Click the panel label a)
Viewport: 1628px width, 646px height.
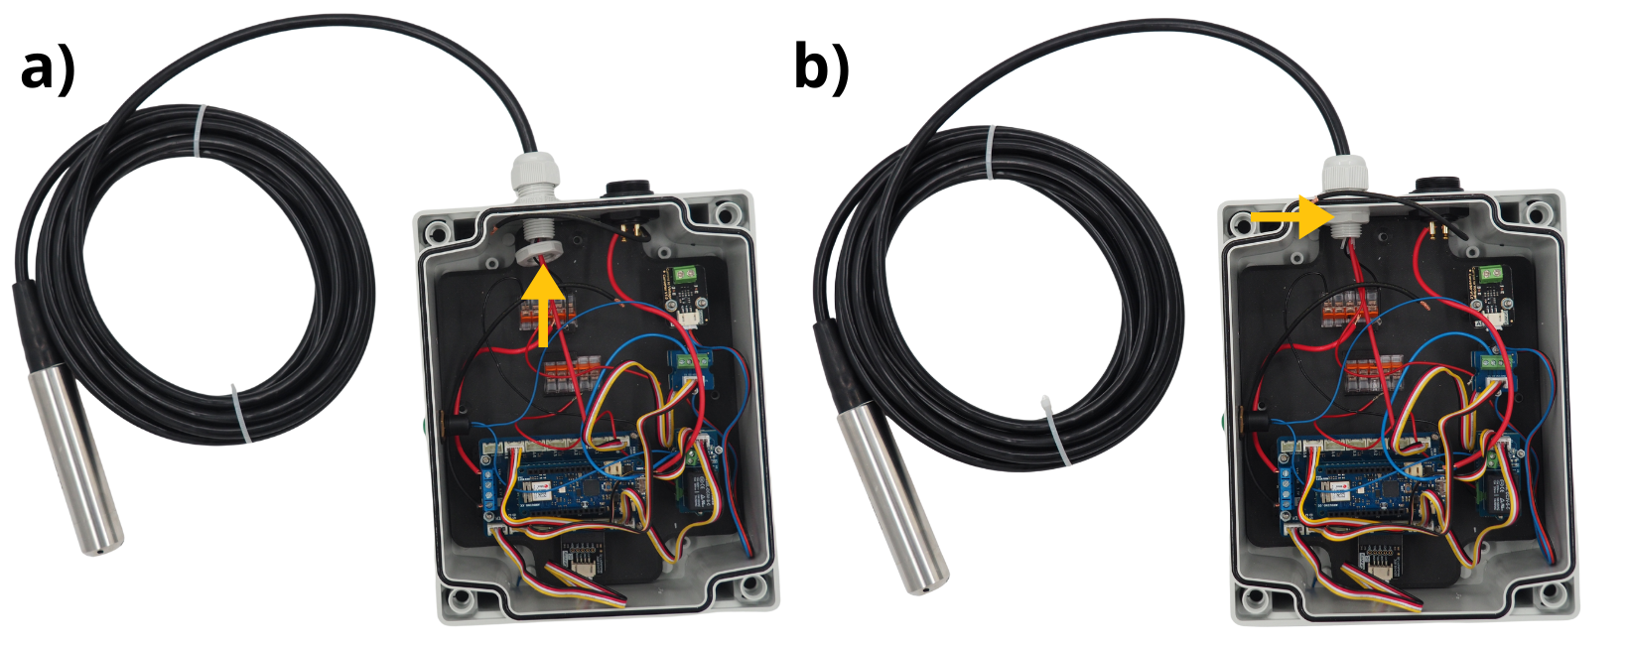pyautogui.click(x=47, y=70)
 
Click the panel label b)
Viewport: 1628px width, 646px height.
pyautogui.click(x=821, y=70)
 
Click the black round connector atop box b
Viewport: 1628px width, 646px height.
pyautogui.click(x=1434, y=186)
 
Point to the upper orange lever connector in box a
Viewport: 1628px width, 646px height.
pyautogui.click(x=546, y=314)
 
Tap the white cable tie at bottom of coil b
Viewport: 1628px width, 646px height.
pyautogui.click(x=1055, y=431)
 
